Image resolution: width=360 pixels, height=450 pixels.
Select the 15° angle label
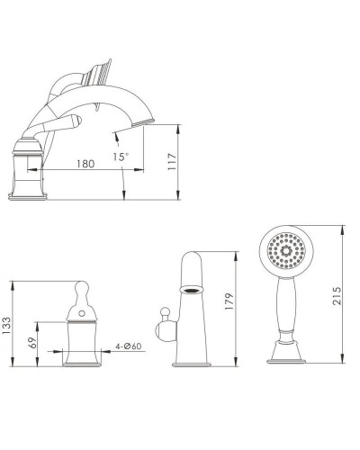pyautogui.click(x=122, y=156)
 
